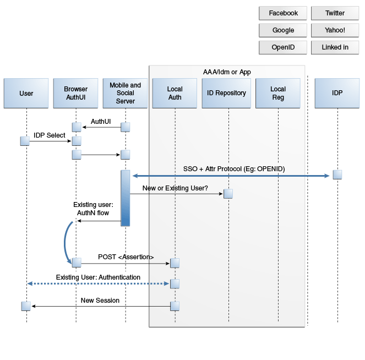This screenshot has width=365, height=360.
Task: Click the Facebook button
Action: point(283,13)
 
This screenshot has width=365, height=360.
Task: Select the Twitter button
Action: point(335,13)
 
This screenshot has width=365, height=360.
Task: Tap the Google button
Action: point(283,30)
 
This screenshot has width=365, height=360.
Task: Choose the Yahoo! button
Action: point(335,30)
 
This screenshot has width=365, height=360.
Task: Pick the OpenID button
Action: point(283,47)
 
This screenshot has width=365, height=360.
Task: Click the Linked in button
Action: point(335,47)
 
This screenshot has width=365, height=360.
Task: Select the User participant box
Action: point(26,94)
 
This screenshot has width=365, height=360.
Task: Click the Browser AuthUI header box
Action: point(75,94)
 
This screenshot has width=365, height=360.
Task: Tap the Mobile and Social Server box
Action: point(125,94)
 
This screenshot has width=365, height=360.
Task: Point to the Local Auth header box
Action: point(175,94)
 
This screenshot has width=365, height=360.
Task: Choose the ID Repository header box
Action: point(226,94)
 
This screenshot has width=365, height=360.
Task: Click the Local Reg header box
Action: point(278,94)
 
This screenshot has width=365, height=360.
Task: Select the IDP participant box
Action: point(337,94)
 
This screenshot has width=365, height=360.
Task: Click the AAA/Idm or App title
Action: point(227,72)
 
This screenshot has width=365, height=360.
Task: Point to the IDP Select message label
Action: point(50,135)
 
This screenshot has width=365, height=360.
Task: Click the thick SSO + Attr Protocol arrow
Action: point(231,176)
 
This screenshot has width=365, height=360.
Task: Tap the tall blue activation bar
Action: point(125,198)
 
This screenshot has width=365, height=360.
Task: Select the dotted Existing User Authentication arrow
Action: point(98,283)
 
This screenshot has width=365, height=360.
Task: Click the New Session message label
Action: point(100,301)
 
